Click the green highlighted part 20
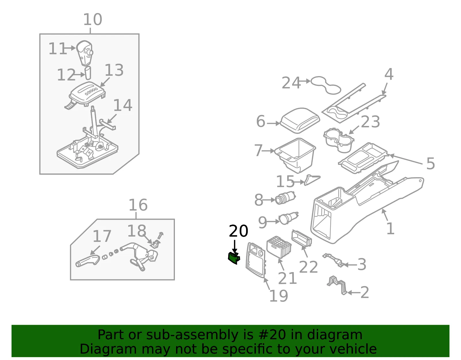[x=234, y=258]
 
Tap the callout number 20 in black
[x=239, y=231]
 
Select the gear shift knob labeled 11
[x=85, y=53]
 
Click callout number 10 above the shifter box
[x=93, y=20]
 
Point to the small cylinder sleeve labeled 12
[x=88, y=73]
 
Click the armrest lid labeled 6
[x=300, y=120]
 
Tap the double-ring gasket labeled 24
[x=326, y=85]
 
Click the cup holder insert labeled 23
[x=339, y=140]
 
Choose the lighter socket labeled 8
[x=285, y=197]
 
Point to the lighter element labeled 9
[x=288, y=218]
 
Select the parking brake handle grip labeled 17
[x=88, y=261]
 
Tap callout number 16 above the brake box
[x=138, y=205]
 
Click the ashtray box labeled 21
[x=279, y=247]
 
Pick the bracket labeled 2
[x=337, y=285]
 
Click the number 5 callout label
[x=430, y=163]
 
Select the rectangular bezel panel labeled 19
[x=256, y=260]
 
